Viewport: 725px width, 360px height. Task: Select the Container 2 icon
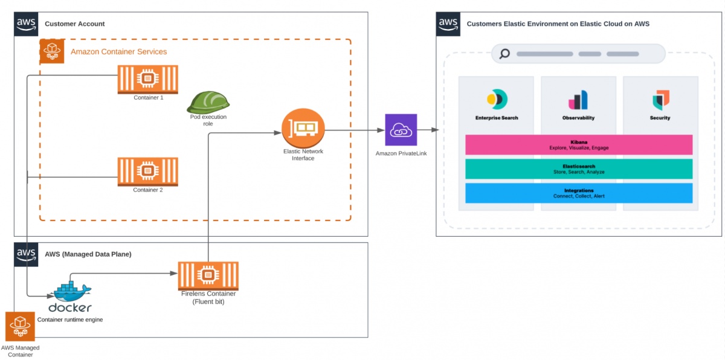(147, 172)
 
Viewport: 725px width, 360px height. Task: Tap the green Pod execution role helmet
(208, 102)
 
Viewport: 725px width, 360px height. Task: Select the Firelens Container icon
(208, 275)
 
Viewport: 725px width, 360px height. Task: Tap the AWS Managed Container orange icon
(20, 327)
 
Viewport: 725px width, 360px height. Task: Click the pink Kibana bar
(578, 144)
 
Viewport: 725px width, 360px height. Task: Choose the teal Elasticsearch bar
(578, 169)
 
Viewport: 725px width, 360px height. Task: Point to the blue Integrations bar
(578, 193)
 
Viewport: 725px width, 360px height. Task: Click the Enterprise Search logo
(497, 100)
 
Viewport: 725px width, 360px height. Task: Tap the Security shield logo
(660, 100)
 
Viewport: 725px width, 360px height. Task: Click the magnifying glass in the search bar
(504, 54)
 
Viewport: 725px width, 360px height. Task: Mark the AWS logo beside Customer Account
(26, 24)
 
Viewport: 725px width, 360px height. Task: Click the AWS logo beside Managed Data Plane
(26, 254)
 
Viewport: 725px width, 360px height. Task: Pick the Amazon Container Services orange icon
(52, 51)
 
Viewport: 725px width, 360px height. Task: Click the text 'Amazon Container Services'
(118, 52)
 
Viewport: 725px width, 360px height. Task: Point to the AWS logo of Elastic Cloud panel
(448, 24)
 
